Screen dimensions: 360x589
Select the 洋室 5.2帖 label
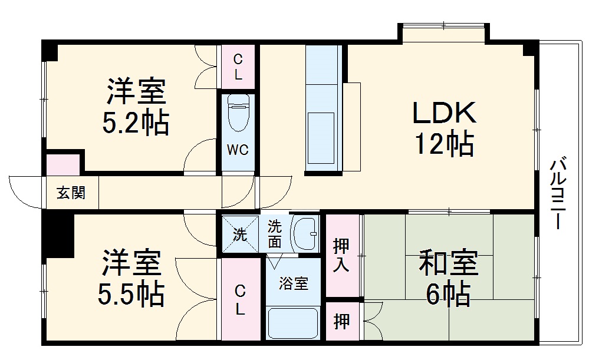coord(136,107)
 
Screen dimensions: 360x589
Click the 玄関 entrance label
coord(71,193)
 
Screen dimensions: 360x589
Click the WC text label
coord(238,150)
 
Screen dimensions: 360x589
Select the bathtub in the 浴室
coord(293,323)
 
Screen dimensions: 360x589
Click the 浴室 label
coord(293,283)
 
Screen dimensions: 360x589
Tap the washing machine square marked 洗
coord(240,234)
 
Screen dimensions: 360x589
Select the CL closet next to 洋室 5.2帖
coord(238,66)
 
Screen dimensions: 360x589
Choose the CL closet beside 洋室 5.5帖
coord(241,299)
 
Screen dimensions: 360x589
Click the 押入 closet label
coord(342,255)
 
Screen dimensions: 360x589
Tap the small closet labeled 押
coord(341,321)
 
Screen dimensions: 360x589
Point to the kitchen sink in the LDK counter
coord(322,134)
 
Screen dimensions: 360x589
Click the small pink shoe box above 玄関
coord(62,163)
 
